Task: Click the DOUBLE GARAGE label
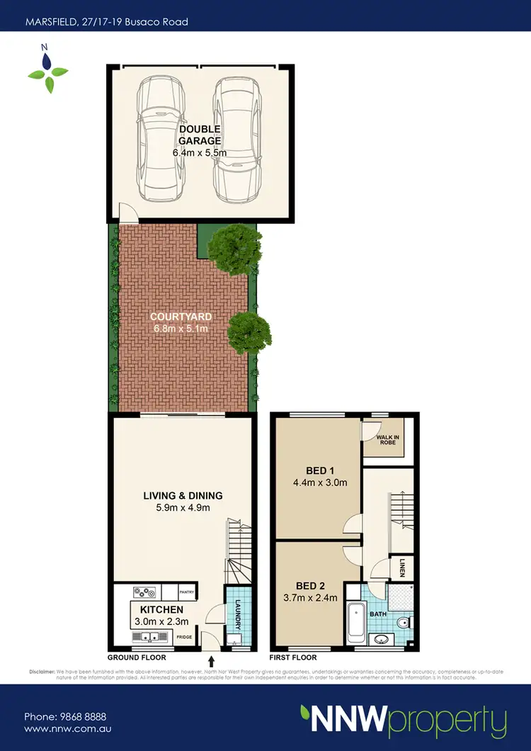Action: [x=199, y=135]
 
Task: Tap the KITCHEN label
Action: [x=161, y=610]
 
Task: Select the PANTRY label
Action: [x=187, y=591]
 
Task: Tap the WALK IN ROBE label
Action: [x=387, y=441]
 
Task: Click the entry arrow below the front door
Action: [x=211, y=662]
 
